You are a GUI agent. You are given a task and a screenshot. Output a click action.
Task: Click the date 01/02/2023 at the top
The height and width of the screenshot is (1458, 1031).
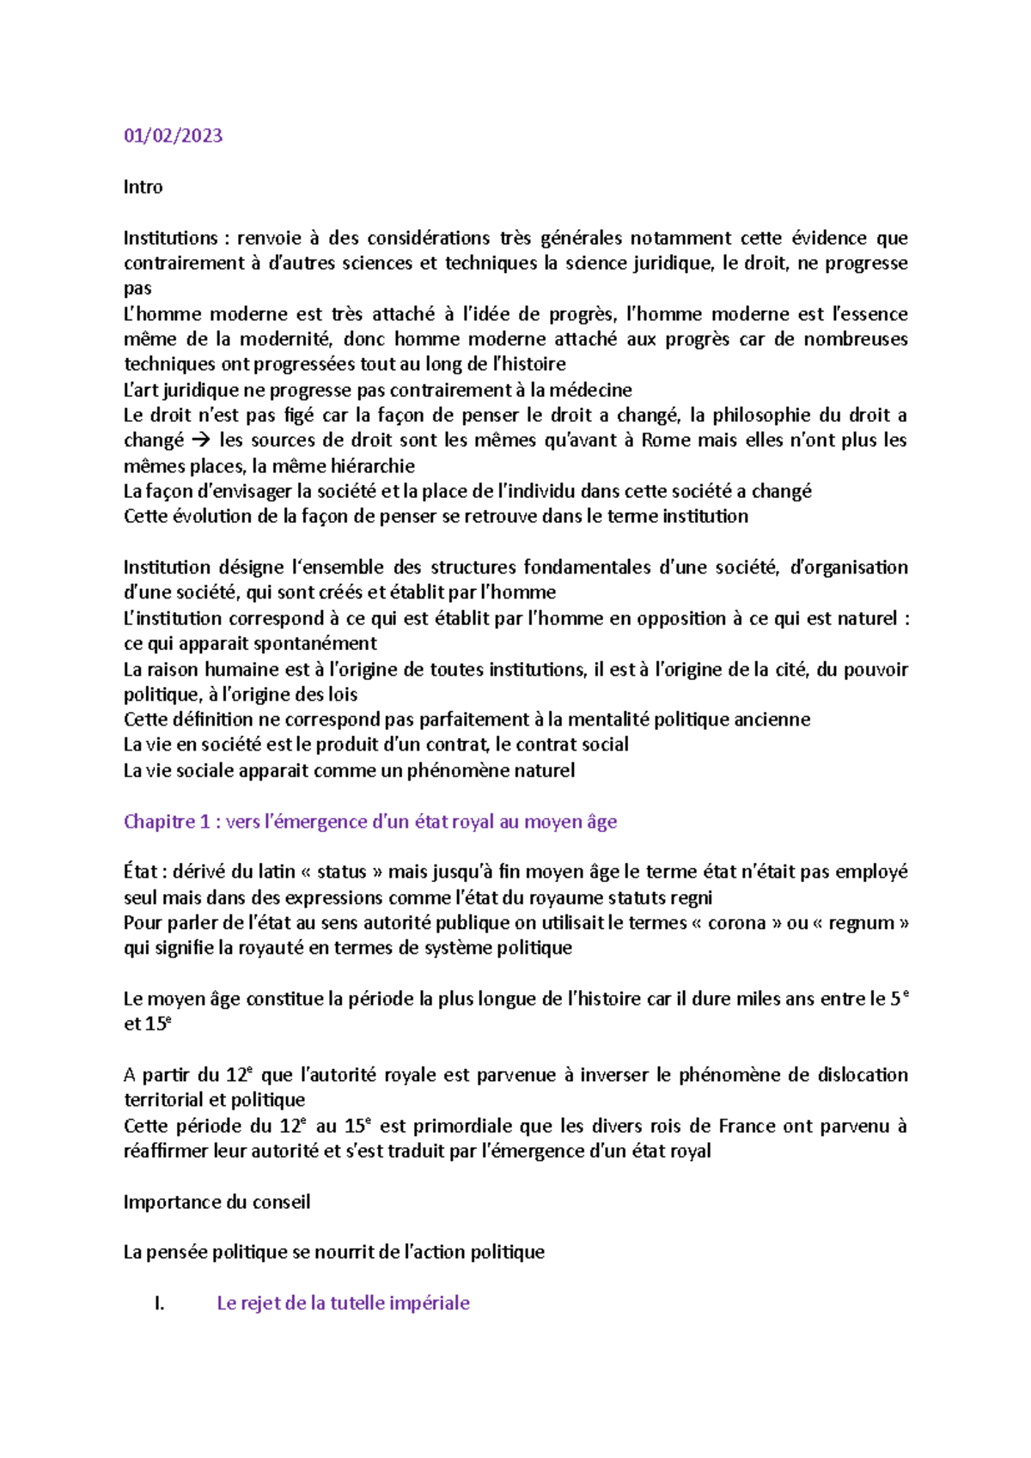(x=173, y=136)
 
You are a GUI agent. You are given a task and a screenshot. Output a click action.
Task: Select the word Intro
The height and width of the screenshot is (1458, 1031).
(x=143, y=187)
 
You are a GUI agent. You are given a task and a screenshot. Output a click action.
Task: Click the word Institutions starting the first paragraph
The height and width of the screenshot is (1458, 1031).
(x=170, y=238)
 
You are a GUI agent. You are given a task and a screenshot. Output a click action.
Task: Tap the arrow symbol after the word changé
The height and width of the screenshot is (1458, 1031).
(x=201, y=440)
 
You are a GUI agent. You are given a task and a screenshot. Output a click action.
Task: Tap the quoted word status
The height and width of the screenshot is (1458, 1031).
(x=342, y=872)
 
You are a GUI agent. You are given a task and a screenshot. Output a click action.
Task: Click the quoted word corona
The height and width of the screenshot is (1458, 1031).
(x=736, y=923)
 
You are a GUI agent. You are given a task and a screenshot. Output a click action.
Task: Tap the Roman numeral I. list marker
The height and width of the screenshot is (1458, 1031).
(x=159, y=1303)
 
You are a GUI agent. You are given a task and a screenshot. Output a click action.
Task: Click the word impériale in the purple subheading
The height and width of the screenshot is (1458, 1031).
(x=429, y=1303)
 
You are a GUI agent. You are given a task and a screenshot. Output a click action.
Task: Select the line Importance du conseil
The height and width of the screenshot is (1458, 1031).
(x=217, y=1202)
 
